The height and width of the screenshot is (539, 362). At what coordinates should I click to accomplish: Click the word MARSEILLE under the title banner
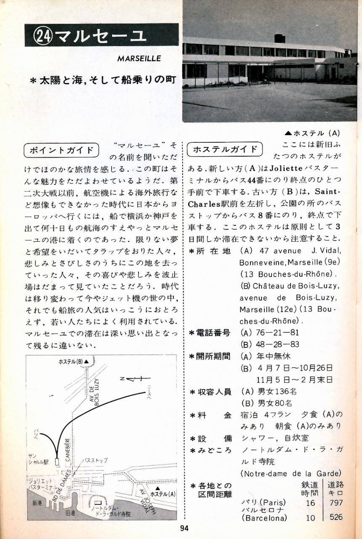click(139, 59)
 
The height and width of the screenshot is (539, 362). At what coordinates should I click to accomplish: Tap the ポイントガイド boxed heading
click(61, 150)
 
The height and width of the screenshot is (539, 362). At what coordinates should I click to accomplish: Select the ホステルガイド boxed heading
click(225, 149)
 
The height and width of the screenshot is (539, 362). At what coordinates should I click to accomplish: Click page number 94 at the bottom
click(184, 528)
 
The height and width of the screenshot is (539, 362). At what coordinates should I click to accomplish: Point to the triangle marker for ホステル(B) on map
click(87, 361)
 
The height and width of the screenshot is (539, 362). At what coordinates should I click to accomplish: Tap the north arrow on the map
click(135, 379)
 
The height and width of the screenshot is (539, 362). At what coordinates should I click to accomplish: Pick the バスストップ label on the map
click(95, 460)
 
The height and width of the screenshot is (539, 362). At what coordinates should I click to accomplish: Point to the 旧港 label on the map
click(70, 513)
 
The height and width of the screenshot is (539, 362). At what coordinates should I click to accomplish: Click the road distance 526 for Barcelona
click(336, 517)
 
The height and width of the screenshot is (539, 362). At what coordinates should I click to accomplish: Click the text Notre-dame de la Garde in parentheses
click(291, 473)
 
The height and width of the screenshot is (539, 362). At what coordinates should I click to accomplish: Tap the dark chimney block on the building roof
click(280, 38)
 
